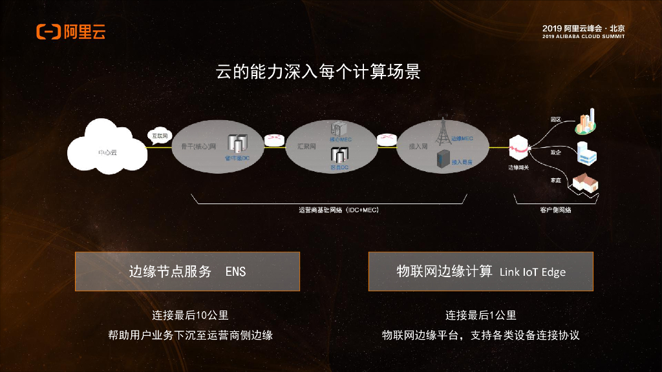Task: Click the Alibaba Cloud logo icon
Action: (x=49, y=31)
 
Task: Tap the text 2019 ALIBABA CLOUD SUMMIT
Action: (x=584, y=36)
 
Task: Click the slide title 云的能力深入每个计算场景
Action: (x=318, y=72)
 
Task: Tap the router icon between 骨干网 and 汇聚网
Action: (x=274, y=139)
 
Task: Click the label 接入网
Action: (x=417, y=147)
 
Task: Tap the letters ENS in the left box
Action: (x=235, y=272)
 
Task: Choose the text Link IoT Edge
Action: (x=533, y=272)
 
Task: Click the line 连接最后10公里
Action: (x=190, y=316)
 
